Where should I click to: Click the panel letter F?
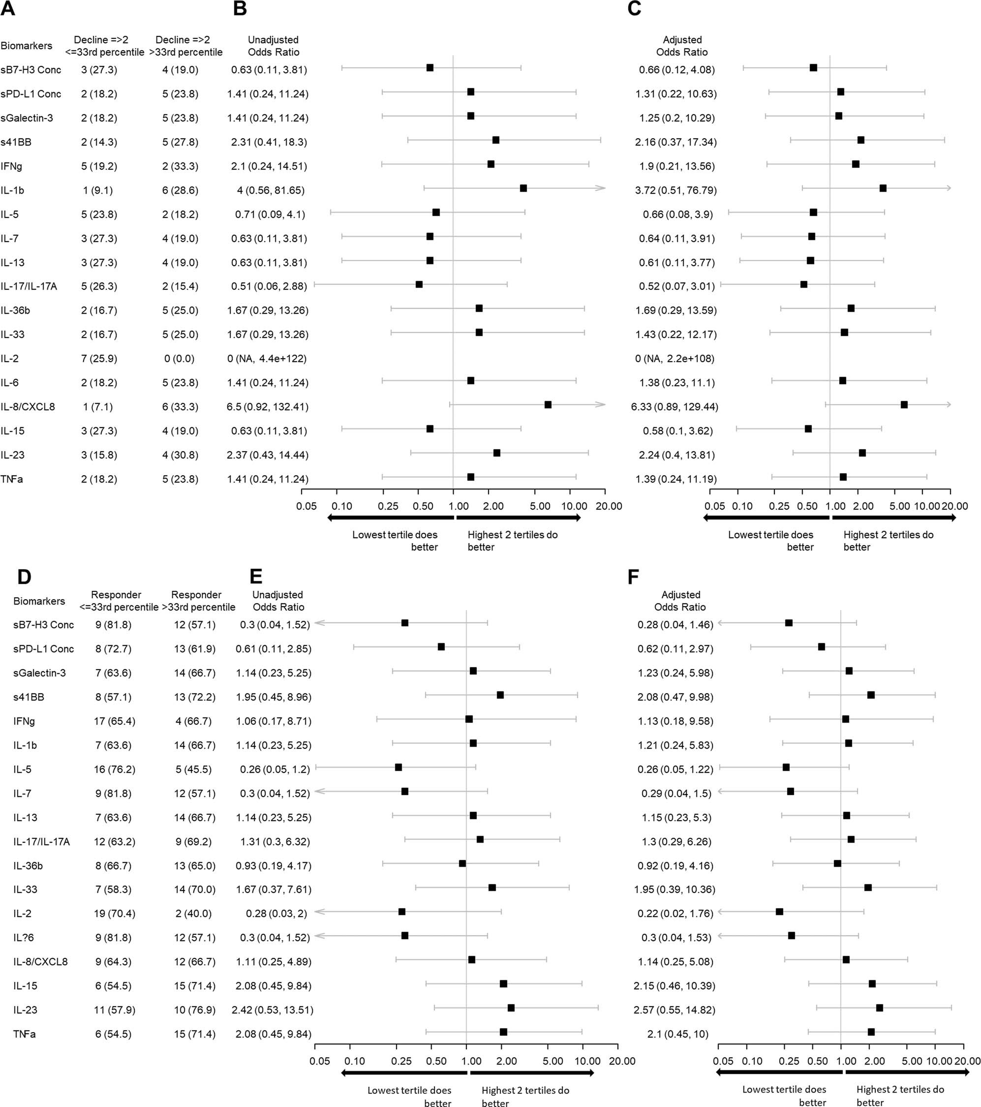click(x=633, y=577)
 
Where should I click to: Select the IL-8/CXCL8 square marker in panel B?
click(x=548, y=404)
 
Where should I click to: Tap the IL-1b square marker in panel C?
click(x=883, y=188)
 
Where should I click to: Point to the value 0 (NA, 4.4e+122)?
click(x=267, y=359)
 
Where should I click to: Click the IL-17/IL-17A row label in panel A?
click(x=28, y=286)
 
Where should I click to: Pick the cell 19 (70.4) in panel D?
click(x=114, y=914)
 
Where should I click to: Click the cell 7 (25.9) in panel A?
click(x=99, y=359)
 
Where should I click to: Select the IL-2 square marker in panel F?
click(x=779, y=912)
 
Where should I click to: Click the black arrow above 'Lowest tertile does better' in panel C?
click(x=766, y=518)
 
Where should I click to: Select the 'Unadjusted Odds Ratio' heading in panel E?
click(x=278, y=601)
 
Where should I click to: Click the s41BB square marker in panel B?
click(x=495, y=140)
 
